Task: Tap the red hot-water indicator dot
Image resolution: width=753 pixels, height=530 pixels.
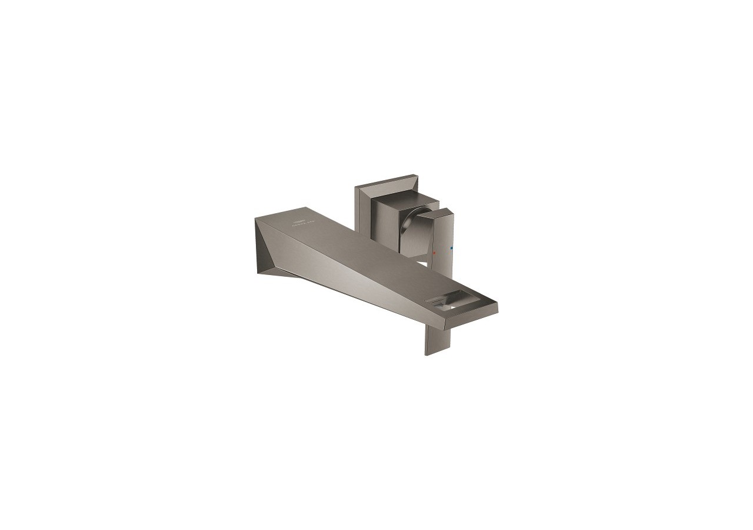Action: pos(434,252)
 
